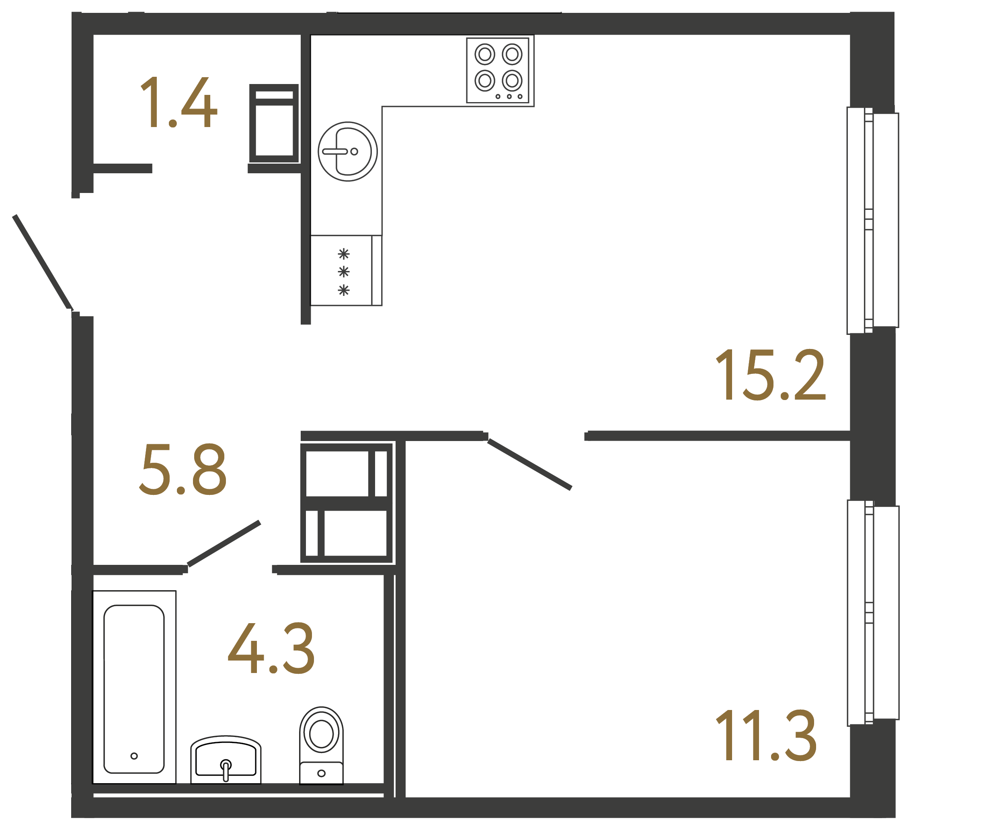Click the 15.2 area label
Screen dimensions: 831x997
(x=770, y=375)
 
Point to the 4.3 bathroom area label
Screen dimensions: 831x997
(x=271, y=648)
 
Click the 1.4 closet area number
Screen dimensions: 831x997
(x=179, y=103)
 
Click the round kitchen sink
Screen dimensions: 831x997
(x=347, y=152)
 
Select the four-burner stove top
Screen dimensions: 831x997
(x=498, y=70)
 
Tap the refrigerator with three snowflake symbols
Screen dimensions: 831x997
(x=346, y=271)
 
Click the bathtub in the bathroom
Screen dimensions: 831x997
(x=134, y=689)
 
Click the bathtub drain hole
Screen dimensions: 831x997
(x=134, y=756)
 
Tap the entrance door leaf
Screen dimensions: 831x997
(x=43, y=262)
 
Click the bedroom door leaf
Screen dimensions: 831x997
(x=529, y=464)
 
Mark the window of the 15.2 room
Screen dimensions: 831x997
(x=873, y=220)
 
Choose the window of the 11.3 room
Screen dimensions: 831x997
(x=873, y=613)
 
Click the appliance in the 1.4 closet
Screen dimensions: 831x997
(x=274, y=123)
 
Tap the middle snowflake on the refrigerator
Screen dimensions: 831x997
(x=344, y=272)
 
